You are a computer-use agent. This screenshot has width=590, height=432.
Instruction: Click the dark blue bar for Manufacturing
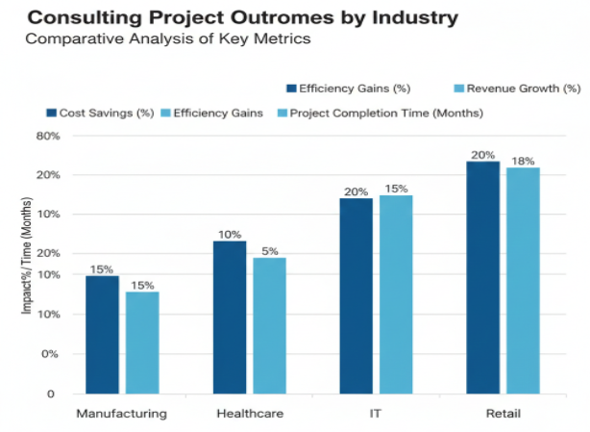[102, 335]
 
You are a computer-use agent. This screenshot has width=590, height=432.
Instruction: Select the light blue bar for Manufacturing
[142, 343]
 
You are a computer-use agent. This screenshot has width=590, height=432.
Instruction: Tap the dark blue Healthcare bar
[229, 317]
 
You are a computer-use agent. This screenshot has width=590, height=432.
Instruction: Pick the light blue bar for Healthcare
[269, 325]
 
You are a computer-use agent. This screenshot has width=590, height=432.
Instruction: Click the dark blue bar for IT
[356, 295]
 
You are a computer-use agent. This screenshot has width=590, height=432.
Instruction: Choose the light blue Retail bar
[523, 280]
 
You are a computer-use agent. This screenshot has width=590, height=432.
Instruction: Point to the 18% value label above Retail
[523, 160]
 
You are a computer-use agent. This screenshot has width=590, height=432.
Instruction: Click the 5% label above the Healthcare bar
[269, 250]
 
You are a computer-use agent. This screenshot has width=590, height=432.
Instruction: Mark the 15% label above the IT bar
[395, 189]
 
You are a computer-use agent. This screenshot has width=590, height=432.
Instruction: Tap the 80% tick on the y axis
[48, 137]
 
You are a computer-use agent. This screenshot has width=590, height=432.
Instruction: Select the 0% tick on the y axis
[50, 354]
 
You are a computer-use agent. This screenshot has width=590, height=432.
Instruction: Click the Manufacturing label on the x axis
[122, 414]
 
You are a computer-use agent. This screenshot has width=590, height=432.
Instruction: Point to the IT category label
[376, 414]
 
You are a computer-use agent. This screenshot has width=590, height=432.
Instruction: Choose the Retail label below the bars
[503, 414]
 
